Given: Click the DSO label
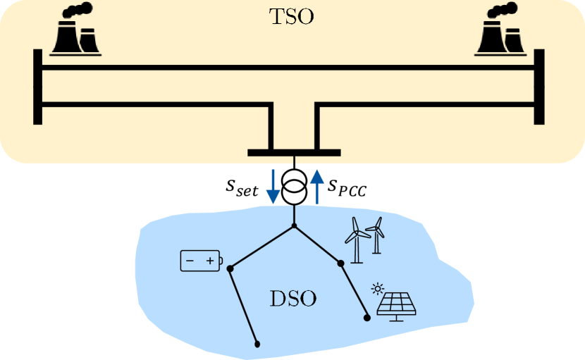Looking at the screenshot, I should pos(293,298).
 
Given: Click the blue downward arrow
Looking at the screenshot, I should pos(273,186).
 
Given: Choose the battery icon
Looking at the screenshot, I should pos(202,261).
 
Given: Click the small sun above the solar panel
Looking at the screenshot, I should pos(378,287).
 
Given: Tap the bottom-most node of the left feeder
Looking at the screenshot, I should pos(258,345).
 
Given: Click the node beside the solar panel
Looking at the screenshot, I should pos(367,318).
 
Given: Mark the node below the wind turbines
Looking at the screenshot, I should pos(341,263).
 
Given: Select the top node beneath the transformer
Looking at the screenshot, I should pos(294,227).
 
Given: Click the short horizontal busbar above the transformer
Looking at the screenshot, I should pos(294,153).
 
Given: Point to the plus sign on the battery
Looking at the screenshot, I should pos(210,262).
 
